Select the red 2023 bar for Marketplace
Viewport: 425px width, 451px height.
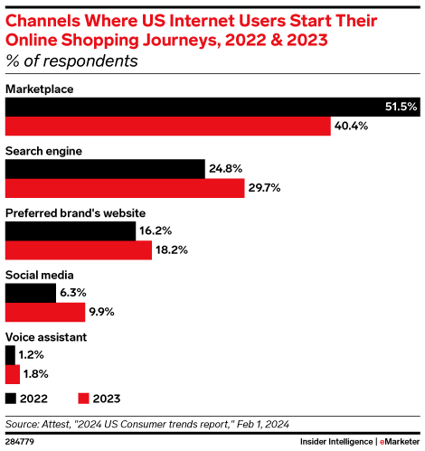(168, 127)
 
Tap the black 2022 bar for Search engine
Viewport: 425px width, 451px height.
(105, 169)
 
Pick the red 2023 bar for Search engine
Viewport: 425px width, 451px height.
(125, 189)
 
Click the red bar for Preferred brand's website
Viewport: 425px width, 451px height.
(79, 250)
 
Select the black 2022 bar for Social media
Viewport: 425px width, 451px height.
(31, 293)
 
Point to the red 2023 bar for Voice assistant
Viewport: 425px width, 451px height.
(12, 374)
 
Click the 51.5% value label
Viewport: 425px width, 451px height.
(401, 107)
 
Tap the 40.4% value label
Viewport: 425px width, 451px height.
(351, 127)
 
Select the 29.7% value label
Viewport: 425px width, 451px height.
(265, 189)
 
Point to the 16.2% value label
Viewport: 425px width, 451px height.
(156, 230)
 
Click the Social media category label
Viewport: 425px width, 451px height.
(40, 274)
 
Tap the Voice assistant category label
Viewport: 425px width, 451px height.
(47, 336)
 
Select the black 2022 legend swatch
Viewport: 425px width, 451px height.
(11, 398)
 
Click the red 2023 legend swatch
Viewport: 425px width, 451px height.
(84, 398)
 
